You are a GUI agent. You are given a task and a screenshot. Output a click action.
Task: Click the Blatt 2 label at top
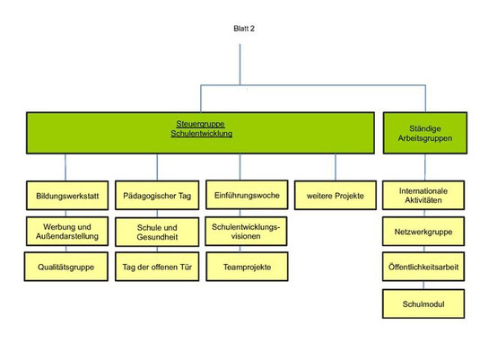244,29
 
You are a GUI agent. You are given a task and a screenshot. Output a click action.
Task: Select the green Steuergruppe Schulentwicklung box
200,133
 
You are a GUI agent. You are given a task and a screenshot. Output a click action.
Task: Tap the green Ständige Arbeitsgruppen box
425,133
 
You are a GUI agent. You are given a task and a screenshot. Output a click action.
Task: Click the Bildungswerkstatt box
67,196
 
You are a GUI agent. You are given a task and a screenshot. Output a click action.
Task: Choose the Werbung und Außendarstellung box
67,232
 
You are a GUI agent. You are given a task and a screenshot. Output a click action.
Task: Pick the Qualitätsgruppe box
66,267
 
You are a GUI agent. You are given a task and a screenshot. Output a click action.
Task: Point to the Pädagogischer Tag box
157,195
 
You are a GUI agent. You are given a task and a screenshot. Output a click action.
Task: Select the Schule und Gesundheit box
157,232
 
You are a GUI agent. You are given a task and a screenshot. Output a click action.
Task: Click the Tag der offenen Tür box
157,267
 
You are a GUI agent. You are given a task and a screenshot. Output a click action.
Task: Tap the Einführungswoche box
247,195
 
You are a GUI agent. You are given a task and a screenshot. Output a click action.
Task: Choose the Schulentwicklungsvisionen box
246,232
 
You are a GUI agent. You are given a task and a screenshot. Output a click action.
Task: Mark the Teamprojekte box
247,267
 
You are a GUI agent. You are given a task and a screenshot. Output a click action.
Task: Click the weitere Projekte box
336,196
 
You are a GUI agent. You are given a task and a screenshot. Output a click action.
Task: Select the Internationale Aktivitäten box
423,195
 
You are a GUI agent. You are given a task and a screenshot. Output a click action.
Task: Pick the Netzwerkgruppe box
423,232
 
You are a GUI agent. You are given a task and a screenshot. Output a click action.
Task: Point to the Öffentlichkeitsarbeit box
423,267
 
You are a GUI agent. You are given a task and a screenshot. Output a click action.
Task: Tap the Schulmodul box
423,304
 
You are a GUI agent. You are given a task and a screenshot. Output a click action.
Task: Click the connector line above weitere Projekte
336,167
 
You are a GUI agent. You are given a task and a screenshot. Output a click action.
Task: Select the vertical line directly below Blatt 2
240,65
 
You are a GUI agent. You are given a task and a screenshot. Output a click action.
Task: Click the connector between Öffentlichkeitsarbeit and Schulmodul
423,285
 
